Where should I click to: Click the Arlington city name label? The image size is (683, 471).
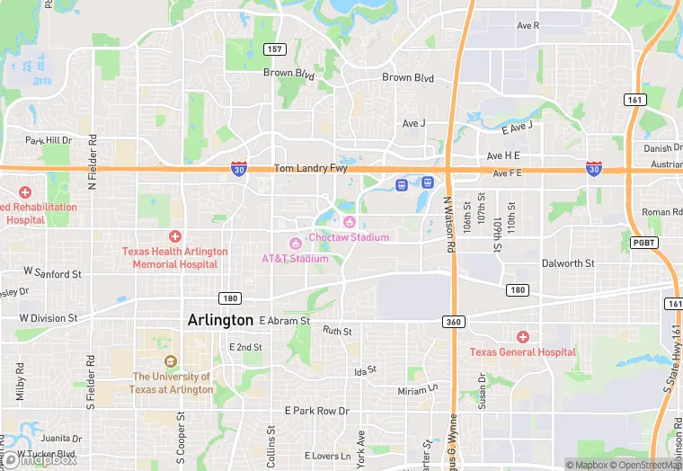click(x=220, y=320)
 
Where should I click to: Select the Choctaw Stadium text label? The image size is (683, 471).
click(x=350, y=237)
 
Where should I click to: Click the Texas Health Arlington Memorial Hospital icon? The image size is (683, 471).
click(x=175, y=235)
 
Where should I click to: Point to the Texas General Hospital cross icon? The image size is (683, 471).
click(x=522, y=337)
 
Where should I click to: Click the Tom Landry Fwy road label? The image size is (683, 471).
click(x=309, y=168)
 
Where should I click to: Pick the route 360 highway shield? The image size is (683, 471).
click(x=452, y=321)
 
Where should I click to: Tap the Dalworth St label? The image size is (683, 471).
click(x=568, y=263)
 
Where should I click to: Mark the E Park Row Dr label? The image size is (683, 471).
click(x=316, y=411)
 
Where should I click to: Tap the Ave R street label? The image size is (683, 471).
click(x=528, y=25)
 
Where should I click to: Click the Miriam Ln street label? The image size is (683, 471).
click(x=418, y=391)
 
